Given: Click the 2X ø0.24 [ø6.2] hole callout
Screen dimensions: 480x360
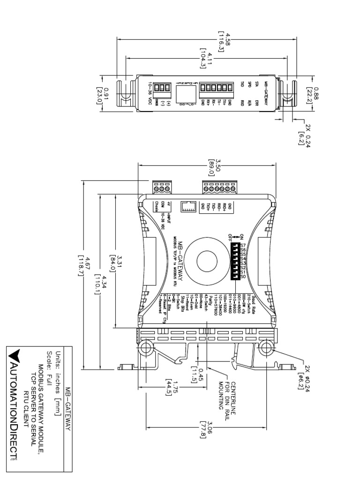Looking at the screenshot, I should tap(307, 375).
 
